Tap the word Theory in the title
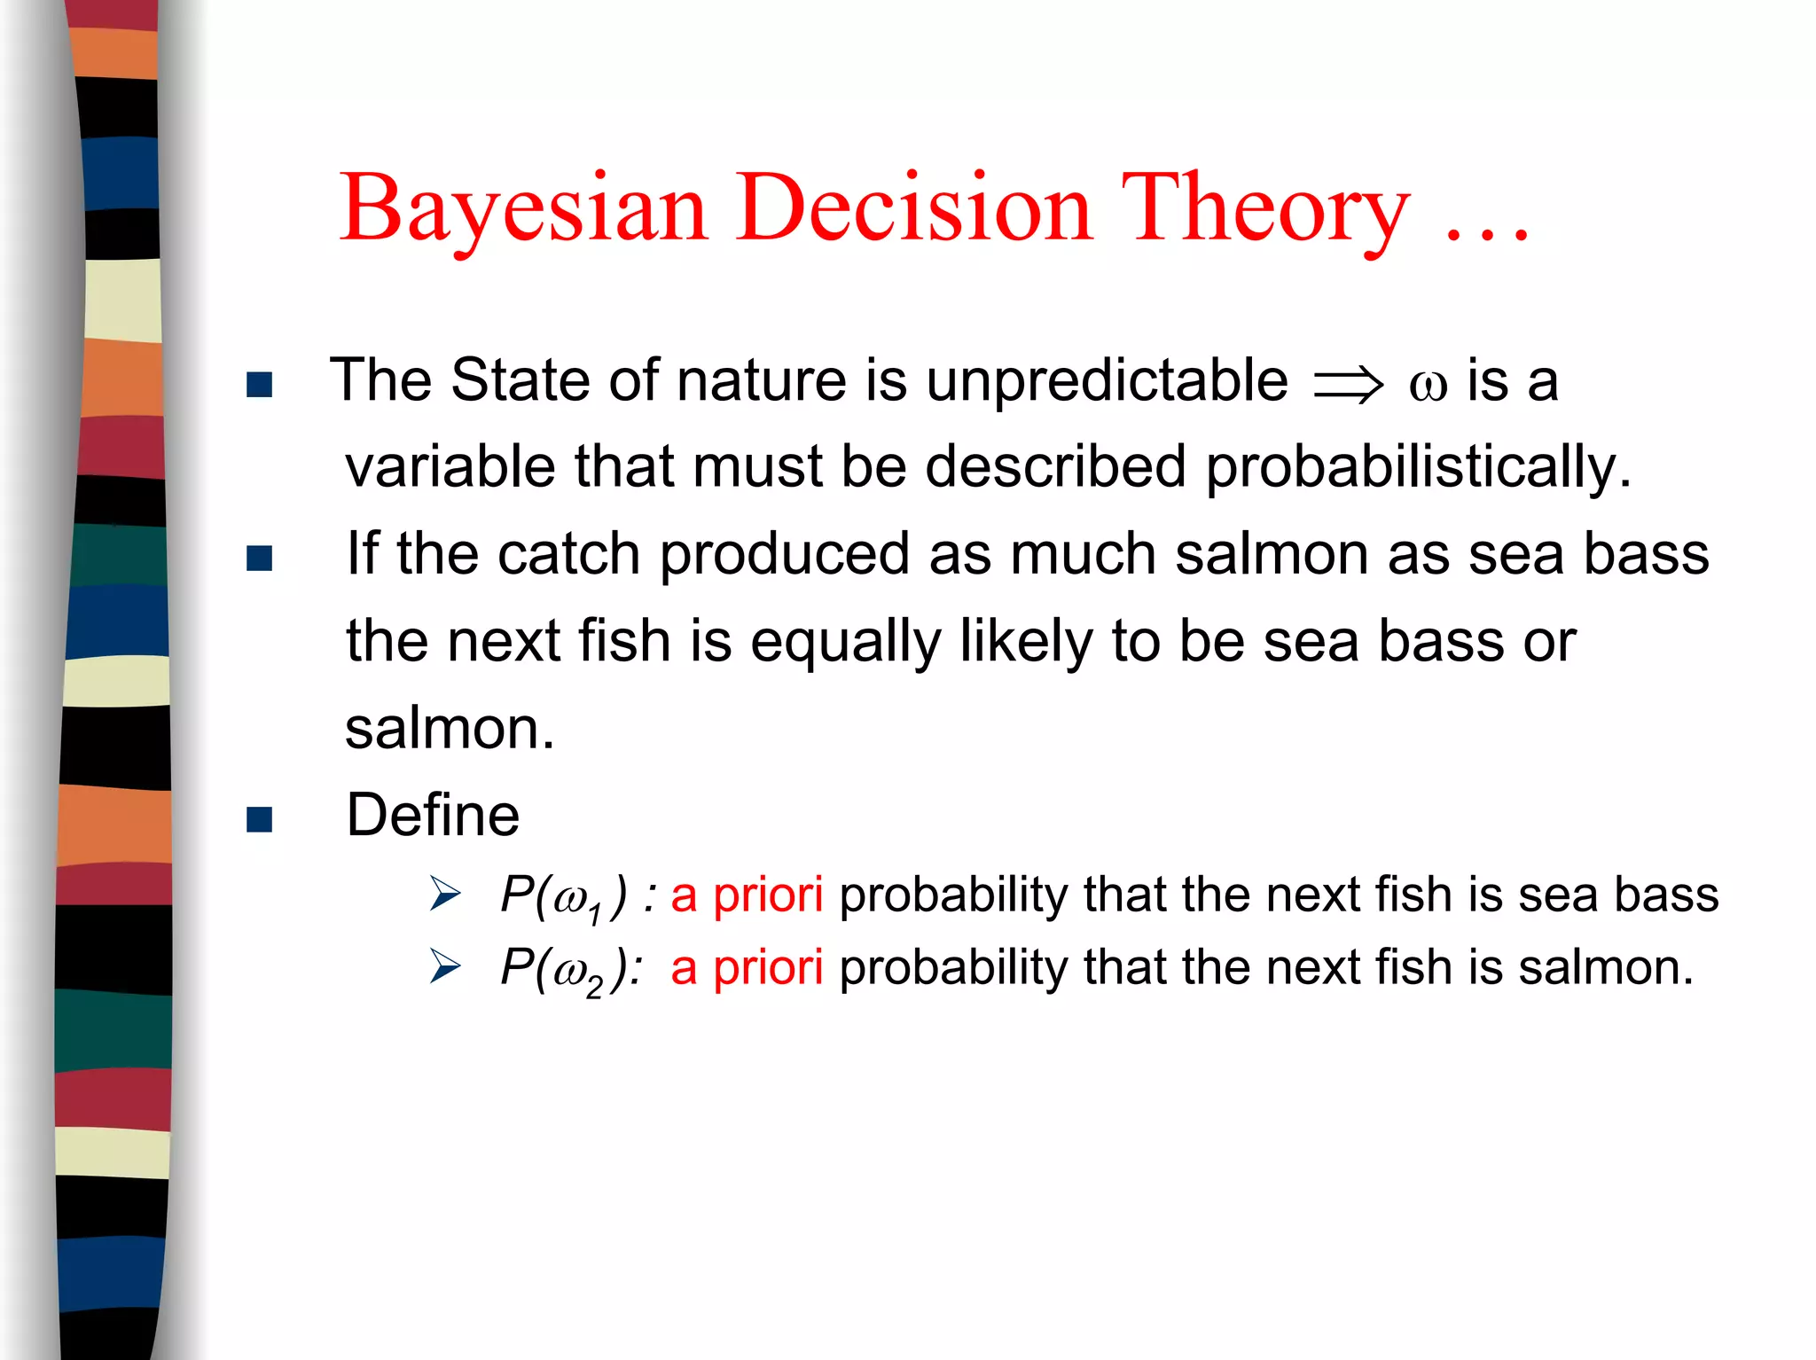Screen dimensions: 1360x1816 pos(1264,208)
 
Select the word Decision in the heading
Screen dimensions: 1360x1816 pos(913,208)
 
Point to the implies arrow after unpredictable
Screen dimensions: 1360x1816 pos(1348,385)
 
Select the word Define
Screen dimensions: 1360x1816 pos(433,815)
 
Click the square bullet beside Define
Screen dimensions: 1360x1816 pos(259,819)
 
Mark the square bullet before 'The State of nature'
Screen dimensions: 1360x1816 pos(259,385)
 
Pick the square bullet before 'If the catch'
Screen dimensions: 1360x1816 pos(259,558)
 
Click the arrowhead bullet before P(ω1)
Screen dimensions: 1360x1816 pos(445,893)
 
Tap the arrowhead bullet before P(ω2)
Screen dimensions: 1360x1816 pos(445,965)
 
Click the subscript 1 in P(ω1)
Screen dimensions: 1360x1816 pos(595,913)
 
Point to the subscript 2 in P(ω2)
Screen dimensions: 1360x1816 pos(594,986)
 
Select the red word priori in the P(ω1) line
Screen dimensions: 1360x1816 pos(768,895)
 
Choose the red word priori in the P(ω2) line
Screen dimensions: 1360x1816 pos(768,967)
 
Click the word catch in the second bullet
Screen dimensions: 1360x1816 pos(568,554)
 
